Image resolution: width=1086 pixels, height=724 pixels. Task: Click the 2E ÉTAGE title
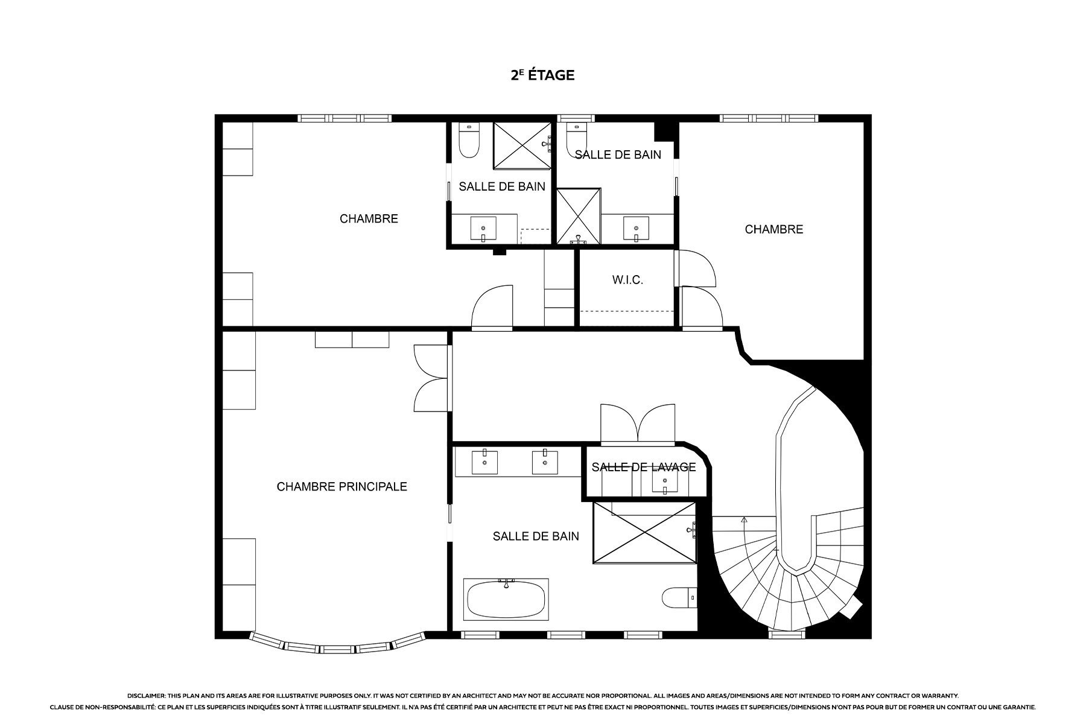[x=542, y=75]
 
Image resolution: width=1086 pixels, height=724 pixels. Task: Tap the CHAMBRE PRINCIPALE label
[x=341, y=486]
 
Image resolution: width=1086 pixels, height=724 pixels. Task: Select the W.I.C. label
[x=627, y=280]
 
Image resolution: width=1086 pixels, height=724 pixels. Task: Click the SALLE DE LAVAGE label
[x=644, y=467]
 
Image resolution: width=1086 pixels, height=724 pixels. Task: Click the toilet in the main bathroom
[x=679, y=599]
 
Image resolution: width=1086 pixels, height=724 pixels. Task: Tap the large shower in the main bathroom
[x=645, y=533]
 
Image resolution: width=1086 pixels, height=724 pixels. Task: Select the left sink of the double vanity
[x=484, y=463]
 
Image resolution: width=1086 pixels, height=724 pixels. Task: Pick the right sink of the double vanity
[x=545, y=462]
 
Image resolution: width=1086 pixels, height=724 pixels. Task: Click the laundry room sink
[x=665, y=481]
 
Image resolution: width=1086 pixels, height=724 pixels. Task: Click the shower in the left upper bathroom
[x=522, y=145]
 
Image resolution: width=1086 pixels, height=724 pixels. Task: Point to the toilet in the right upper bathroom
[x=577, y=139]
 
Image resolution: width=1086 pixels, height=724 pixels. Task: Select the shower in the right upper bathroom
[x=579, y=216]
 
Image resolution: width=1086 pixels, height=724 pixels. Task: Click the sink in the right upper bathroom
[x=636, y=229]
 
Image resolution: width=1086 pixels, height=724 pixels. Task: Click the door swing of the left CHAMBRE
[x=492, y=306]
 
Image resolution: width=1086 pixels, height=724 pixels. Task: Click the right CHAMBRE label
[x=774, y=229]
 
